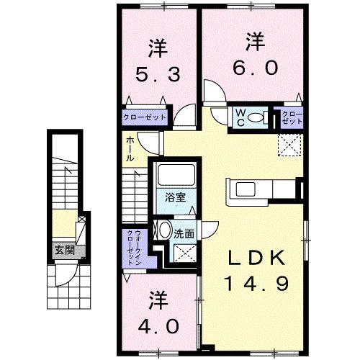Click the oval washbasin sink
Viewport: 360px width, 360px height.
(164, 232)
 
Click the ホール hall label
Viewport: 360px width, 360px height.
(129, 148)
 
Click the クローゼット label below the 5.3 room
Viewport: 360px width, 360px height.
(145, 117)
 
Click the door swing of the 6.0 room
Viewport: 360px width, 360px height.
(212, 92)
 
